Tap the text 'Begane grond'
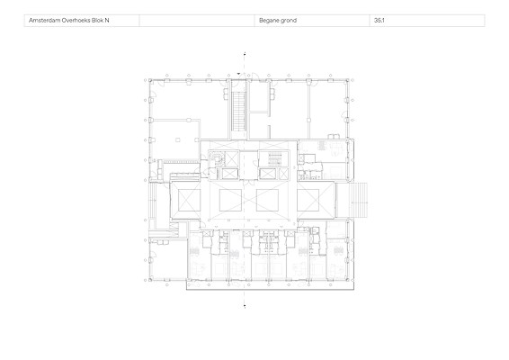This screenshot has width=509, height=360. click(278, 21)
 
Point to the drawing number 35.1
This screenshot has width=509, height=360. click(380, 20)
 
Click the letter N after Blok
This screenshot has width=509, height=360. click(107, 20)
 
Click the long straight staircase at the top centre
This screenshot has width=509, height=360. click(238, 111)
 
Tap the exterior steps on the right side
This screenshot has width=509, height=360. click(359, 200)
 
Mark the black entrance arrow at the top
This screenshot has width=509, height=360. click(239, 74)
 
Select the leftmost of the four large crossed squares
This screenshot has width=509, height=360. click(189, 200)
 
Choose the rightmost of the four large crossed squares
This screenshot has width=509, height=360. click(308, 200)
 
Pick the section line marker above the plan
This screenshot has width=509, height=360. click(245, 54)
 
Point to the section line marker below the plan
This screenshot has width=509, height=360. click(245, 305)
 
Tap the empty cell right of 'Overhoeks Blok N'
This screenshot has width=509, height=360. click(197, 21)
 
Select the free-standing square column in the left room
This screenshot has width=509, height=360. click(178, 140)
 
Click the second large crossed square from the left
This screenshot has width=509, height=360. click(230, 200)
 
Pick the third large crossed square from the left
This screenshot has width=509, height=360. click(267, 200)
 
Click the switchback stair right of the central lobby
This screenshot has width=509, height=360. click(273, 159)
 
